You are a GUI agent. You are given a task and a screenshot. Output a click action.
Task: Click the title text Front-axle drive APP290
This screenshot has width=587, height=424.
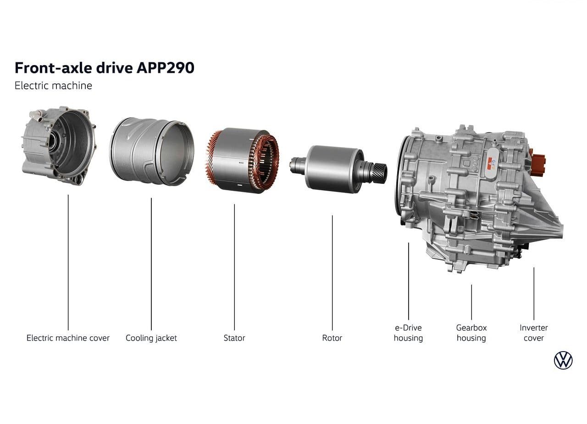105,68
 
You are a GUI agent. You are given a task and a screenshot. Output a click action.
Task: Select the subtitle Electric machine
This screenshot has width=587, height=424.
53,86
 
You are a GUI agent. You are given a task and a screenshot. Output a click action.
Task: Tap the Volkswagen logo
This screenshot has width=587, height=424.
563,360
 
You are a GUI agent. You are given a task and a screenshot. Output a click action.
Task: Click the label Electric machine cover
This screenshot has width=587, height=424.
68,338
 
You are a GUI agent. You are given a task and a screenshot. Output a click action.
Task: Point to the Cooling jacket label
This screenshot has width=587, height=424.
151,338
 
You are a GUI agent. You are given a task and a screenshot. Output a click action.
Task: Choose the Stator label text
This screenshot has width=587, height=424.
234,338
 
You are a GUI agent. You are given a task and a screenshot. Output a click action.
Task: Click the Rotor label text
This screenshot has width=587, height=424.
332,338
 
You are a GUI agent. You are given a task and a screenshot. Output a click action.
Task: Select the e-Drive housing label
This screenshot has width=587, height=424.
408,333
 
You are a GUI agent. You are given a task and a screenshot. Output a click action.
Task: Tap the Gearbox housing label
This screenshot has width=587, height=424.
471,333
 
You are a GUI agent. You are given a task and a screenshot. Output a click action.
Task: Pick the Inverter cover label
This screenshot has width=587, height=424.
533,333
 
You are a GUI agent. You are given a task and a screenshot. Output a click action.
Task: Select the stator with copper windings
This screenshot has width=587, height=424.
242,160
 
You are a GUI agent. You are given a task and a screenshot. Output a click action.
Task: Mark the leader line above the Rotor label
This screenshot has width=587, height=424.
332,273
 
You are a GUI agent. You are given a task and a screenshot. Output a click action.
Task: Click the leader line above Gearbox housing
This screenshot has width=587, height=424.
471,302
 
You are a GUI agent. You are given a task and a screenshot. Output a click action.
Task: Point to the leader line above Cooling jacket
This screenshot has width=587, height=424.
151,264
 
